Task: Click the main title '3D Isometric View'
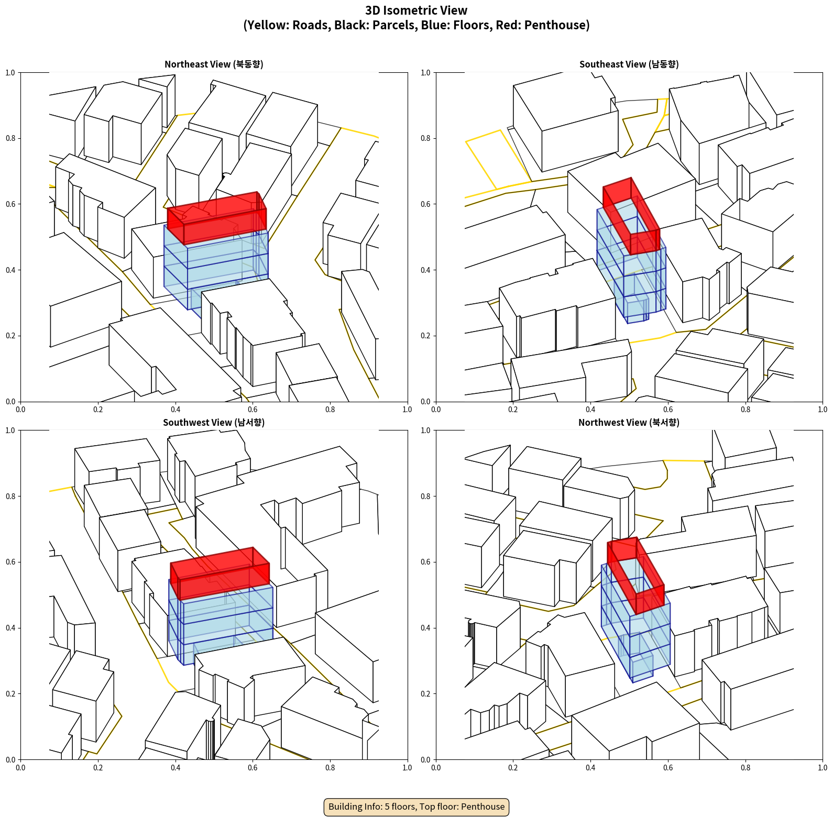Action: click(416, 10)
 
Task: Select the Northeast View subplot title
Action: click(214, 64)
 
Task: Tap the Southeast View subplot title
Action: click(629, 64)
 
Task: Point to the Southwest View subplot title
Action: click(214, 422)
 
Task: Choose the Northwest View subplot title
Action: click(629, 422)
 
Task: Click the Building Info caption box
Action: click(416, 807)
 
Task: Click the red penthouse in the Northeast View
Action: click(217, 216)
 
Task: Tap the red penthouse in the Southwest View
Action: click(220, 573)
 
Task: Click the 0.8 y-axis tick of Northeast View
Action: click(10, 138)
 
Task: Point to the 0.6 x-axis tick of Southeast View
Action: click(668, 410)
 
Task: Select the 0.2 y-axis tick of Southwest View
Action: click(10, 693)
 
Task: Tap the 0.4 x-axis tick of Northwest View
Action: click(590, 768)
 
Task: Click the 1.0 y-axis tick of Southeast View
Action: click(425, 72)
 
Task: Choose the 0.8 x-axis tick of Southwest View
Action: click(330, 768)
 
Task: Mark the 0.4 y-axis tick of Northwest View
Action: click(425, 627)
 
